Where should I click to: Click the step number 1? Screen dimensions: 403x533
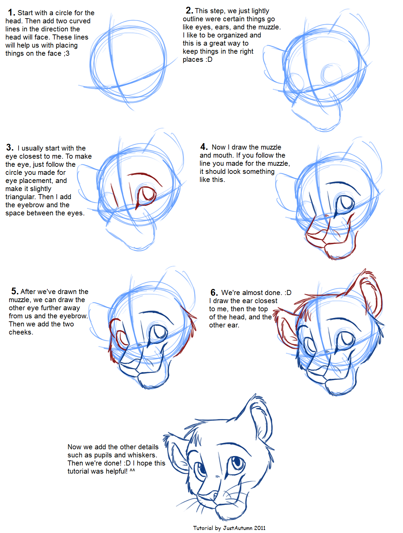(11, 12)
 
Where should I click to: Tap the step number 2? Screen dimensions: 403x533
(189, 10)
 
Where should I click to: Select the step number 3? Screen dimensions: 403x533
(10, 147)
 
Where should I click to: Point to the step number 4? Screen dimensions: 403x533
(204, 146)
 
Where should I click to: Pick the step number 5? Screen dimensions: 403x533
(15, 291)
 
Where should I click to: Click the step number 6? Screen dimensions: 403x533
(214, 292)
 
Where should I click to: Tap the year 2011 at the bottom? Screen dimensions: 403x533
(260, 528)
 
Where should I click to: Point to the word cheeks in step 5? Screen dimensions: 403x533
(20, 332)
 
